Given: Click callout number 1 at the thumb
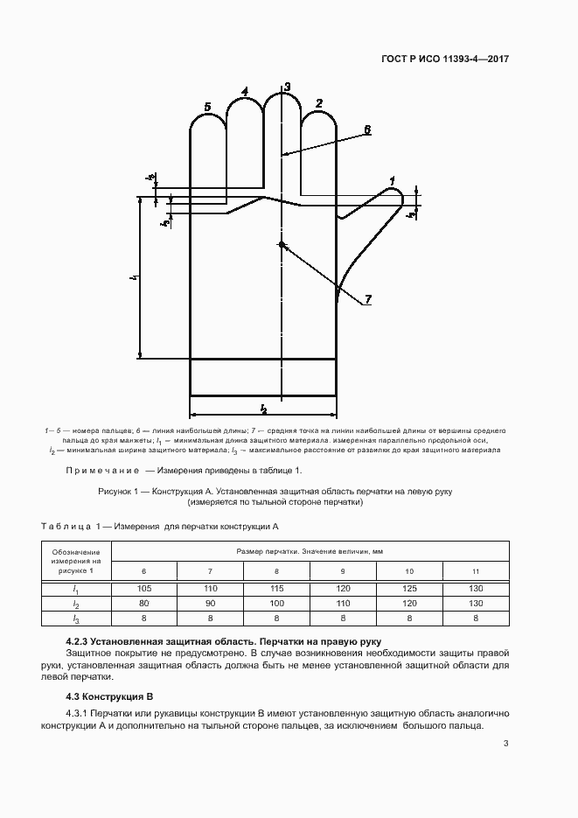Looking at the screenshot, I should coord(393,181).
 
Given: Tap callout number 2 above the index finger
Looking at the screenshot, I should coord(319,104).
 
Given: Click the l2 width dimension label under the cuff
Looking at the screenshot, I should coord(263,408).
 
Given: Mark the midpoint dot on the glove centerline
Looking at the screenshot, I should coord(281,244).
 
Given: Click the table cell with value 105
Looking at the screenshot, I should coord(144,588).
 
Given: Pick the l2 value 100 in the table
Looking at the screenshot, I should coord(276,603).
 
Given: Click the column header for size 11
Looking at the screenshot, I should coord(475,571).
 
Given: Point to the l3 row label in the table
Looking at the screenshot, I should coord(76,619).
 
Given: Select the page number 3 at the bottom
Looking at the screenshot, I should coord(506,744).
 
